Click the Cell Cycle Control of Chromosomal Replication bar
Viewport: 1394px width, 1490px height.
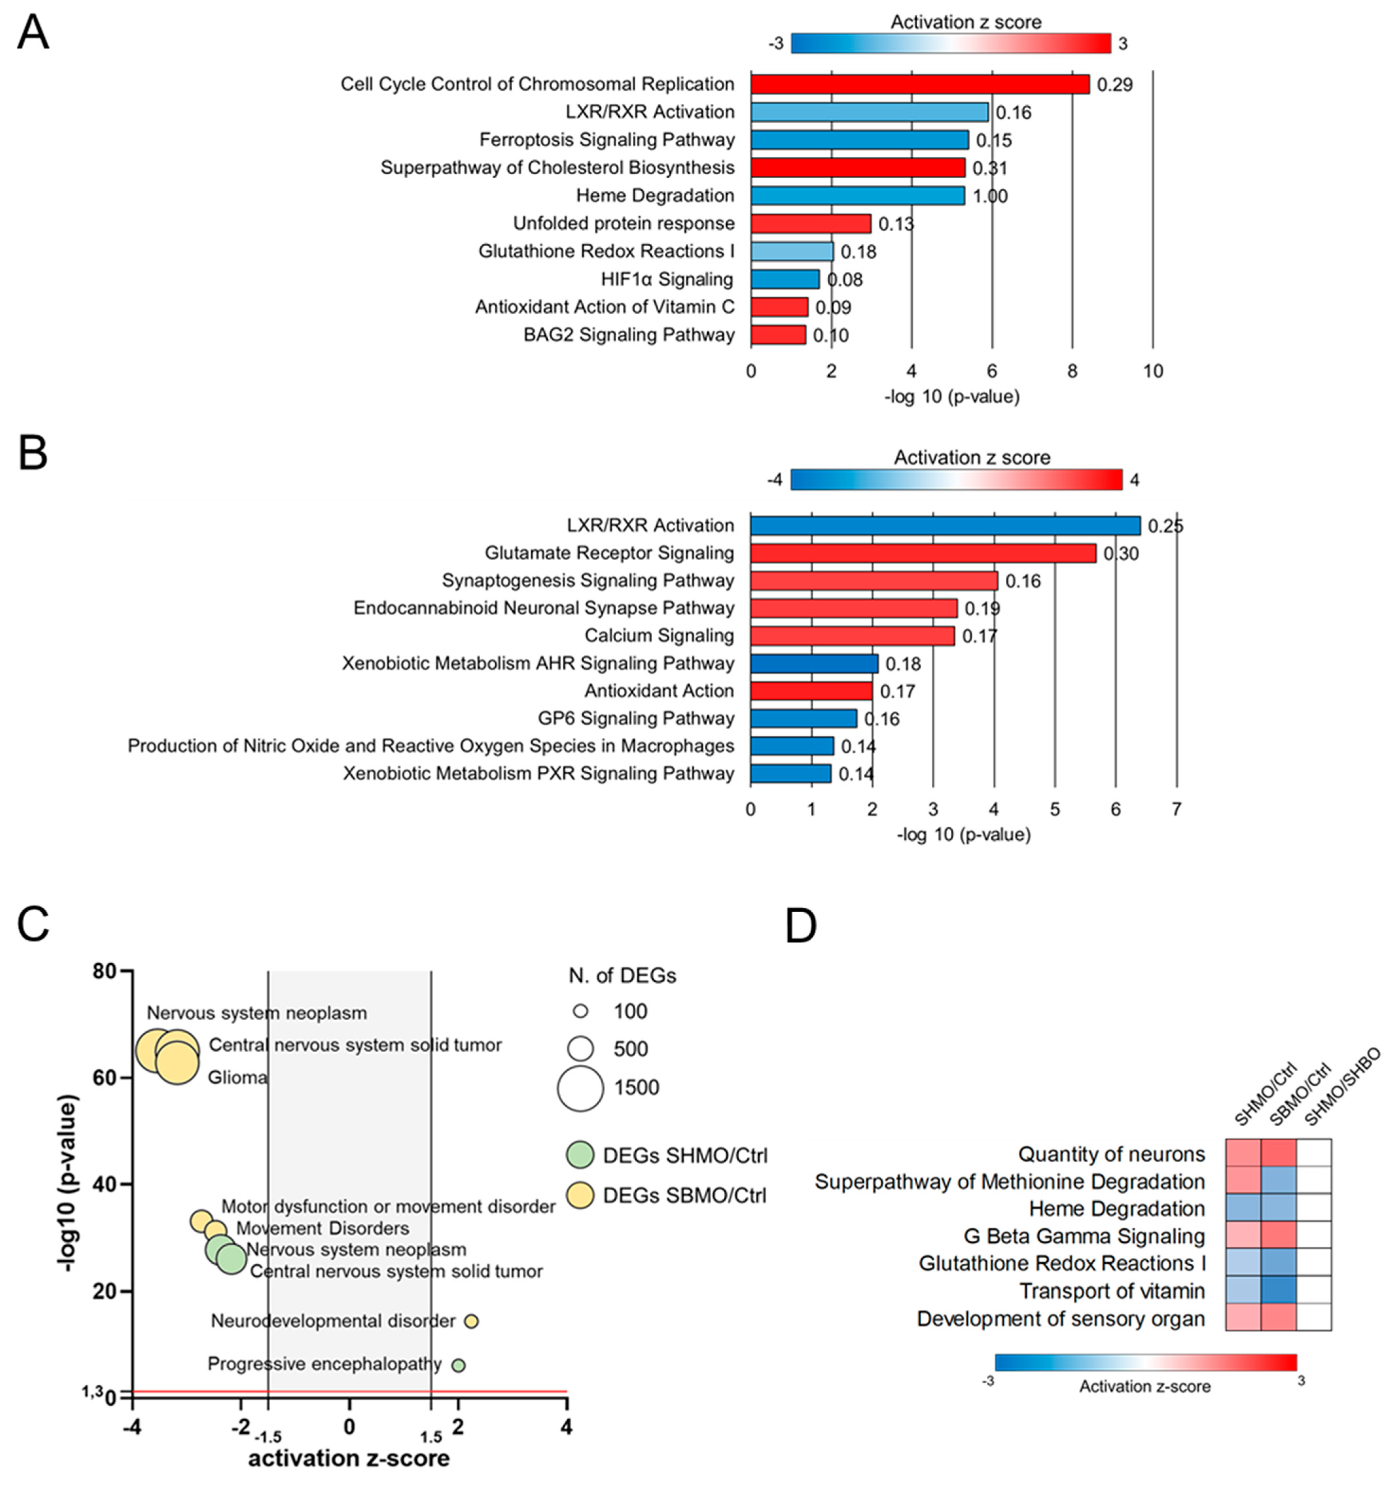920,84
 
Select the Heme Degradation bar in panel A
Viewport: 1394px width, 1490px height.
857,196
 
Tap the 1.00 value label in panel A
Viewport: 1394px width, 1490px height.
990,196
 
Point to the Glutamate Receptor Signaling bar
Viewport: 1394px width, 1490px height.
923,553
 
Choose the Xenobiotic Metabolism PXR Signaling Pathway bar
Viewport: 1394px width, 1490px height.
791,774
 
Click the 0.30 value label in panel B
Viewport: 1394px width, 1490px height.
1120,554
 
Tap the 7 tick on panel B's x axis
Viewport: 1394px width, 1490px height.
1176,810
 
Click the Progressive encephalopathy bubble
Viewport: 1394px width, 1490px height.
459,1366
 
